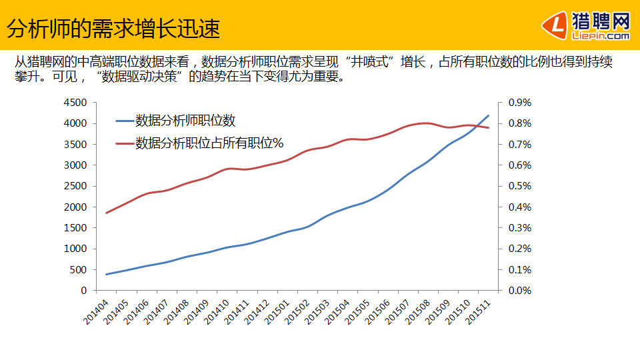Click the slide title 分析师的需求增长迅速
113,29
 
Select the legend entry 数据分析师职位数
185,121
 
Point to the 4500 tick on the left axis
75,103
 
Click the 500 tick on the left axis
79,270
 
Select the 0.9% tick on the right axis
519,103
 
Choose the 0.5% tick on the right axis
519,186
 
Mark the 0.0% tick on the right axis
519,291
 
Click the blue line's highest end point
489,115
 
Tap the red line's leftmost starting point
107,213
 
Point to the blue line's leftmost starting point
107,274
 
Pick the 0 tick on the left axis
84,291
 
